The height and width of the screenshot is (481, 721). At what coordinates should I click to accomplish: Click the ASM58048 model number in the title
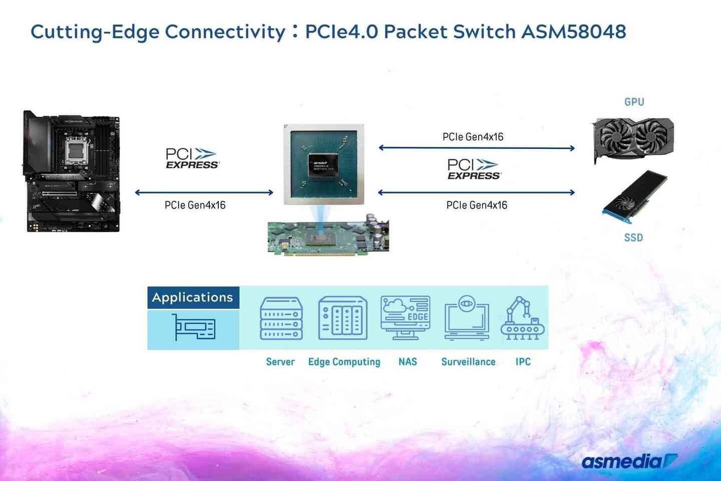[573, 32]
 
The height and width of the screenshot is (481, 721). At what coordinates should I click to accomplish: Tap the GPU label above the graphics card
[634, 102]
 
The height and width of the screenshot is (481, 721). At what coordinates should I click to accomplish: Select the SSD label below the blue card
[633, 237]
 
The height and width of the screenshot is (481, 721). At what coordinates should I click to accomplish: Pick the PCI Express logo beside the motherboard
[192, 158]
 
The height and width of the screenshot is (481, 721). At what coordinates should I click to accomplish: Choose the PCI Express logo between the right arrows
[474, 169]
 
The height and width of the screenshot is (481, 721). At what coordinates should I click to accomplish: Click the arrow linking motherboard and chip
[204, 192]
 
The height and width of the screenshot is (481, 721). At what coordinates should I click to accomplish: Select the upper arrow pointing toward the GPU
[477, 148]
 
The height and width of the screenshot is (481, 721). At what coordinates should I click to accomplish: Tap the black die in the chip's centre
[323, 164]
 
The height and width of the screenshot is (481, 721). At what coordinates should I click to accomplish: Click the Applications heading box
[193, 297]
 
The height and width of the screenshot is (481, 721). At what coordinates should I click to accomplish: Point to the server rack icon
[281, 318]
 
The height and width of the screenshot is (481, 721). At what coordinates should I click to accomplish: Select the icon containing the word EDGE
[405, 317]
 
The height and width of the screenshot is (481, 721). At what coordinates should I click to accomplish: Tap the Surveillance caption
[468, 362]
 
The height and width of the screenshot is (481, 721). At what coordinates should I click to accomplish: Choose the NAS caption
[408, 362]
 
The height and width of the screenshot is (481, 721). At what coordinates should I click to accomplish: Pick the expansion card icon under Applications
[193, 328]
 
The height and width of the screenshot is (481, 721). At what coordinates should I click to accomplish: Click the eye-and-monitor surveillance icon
[467, 318]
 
